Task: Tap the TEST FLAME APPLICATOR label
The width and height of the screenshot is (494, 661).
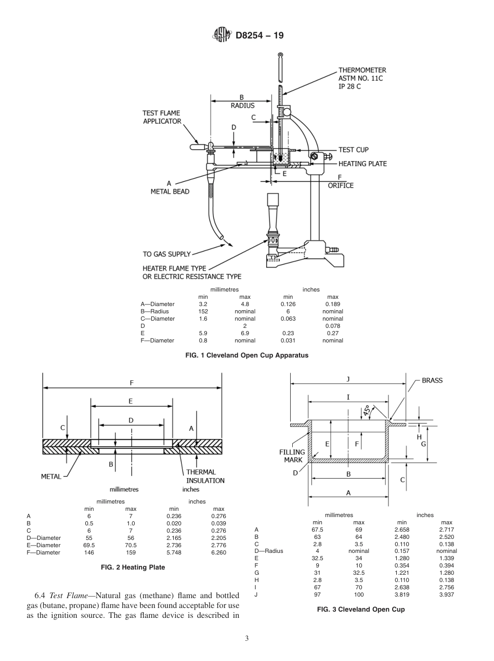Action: [x=162, y=117]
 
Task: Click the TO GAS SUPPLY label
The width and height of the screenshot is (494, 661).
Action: [x=166, y=254]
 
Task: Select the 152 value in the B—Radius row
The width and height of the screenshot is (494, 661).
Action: [x=203, y=311]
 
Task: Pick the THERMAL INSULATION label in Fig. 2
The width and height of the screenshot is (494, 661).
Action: [x=205, y=477]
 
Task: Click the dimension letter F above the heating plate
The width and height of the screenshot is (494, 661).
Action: [x=132, y=382]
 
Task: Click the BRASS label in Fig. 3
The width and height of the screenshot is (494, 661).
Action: [x=432, y=380]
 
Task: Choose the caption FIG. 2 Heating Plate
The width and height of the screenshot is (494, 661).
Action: [x=133, y=567]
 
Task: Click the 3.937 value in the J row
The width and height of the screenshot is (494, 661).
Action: [x=446, y=594]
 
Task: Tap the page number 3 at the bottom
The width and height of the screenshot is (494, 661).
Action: [x=246, y=639]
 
